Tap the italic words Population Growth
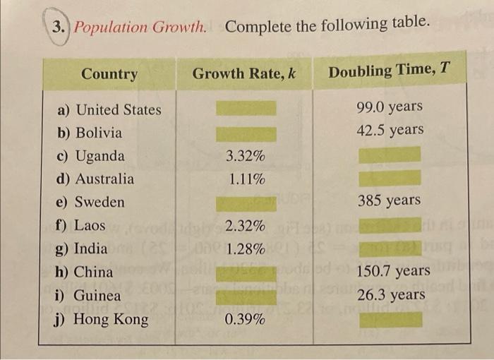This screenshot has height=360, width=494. pos(141,28)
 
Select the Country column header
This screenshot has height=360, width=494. pos(109,73)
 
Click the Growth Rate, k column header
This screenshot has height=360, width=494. pos(243,73)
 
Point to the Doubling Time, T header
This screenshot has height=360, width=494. pos(390,71)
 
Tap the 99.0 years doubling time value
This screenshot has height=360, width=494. pos(390,107)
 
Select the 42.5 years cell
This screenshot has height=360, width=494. pos(390,130)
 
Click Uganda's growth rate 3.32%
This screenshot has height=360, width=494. pos(246,156)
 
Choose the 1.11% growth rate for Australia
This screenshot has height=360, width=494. pos(246,179)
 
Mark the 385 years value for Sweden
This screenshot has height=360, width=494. pos(389,200)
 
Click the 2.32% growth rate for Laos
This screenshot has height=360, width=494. pos(246,226)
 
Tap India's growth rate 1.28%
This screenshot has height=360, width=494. pos(246,249)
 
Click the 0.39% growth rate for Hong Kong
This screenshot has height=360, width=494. pos(246,320)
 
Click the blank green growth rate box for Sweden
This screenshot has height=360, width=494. pos(246,203)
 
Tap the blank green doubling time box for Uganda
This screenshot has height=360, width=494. pos(390,155)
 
